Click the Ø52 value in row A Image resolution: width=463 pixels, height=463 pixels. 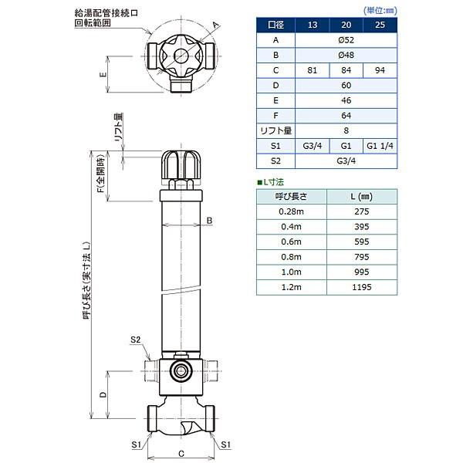(346, 40)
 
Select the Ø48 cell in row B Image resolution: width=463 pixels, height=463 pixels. (346, 55)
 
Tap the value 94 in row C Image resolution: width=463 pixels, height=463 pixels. (380, 70)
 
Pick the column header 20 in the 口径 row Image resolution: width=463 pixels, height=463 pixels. (346, 25)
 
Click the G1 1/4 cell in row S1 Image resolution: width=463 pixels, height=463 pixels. (380, 146)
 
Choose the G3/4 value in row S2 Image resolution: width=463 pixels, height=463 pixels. (346, 161)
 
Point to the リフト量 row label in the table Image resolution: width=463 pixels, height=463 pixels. (275, 130)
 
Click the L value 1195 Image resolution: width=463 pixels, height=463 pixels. (362, 287)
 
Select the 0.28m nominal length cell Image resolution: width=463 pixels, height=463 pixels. (291, 211)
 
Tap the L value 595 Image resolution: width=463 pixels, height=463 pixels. (362, 242)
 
